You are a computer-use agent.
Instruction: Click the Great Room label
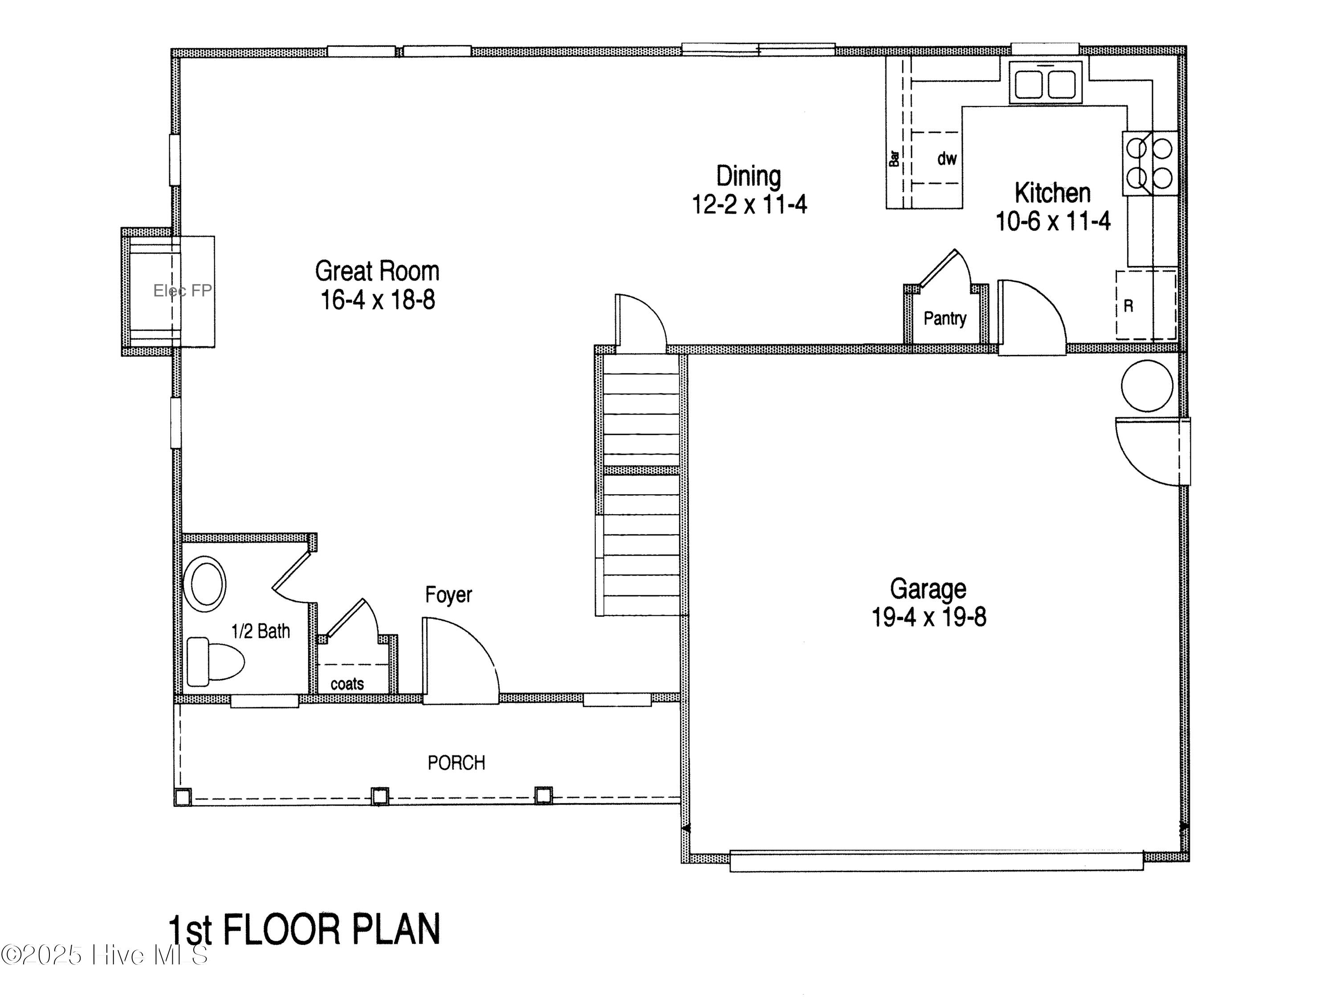377,271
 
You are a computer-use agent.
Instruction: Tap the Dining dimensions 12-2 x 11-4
749,205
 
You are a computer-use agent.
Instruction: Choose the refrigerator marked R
1145,305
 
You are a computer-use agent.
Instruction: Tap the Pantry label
945,318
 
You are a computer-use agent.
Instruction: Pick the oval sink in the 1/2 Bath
207,585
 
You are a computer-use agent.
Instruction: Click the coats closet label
347,684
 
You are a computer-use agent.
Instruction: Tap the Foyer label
448,595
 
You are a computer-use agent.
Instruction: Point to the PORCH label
456,763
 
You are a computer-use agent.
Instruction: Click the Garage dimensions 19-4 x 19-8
929,617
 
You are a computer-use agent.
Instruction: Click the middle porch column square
379,796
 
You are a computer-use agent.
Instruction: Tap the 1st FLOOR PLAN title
304,930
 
